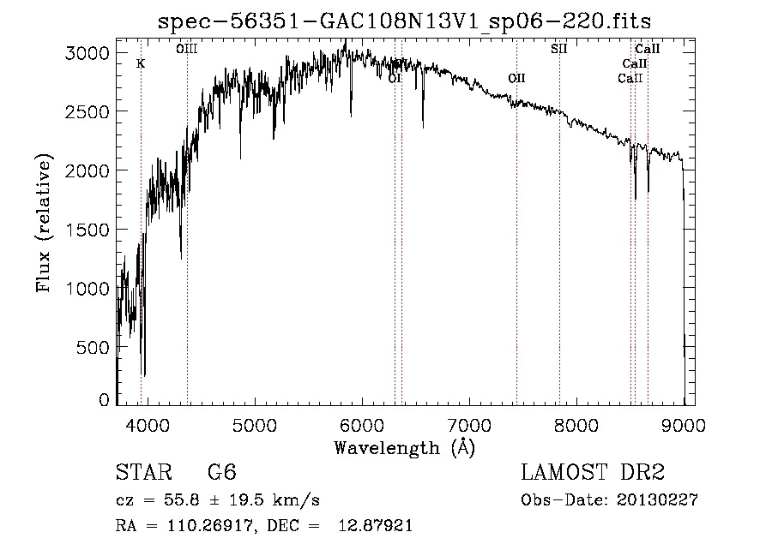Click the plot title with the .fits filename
pos(410,21)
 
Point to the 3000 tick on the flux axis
pos(87,53)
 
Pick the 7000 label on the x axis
pos(469,424)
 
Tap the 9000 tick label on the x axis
pos(684,424)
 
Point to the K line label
pos(141,63)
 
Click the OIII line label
pos(187,50)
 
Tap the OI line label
pos(395,78)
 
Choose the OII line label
pos(516,78)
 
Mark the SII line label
pos(559,49)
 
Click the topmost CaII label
pos(647,50)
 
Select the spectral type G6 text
pos(222,473)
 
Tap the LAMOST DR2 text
pos(593,473)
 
